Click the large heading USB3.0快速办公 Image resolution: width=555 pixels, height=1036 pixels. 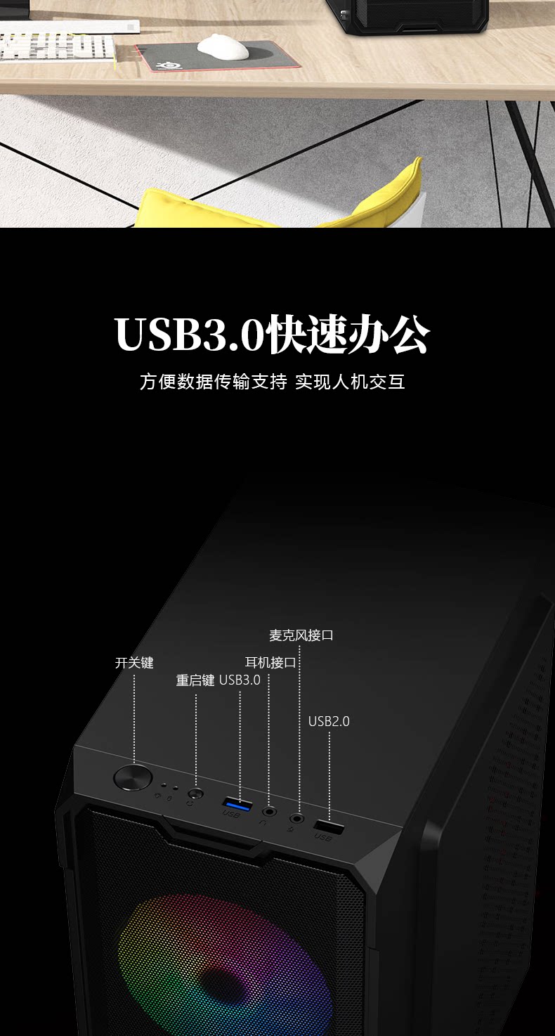[x=272, y=335]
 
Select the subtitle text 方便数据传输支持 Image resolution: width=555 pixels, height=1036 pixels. [x=213, y=382]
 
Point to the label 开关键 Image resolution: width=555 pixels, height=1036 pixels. [x=134, y=663]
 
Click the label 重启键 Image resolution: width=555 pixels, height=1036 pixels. [x=195, y=680]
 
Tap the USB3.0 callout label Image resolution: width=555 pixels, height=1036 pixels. [x=240, y=680]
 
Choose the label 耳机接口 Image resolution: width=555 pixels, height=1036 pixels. [x=270, y=663]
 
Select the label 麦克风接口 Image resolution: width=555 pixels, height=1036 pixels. [x=301, y=635]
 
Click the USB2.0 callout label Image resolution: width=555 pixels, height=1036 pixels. [x=329, y=722]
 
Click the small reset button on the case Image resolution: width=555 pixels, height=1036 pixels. [x=195, y=794]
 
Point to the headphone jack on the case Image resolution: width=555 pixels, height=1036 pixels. [x=268, y=811]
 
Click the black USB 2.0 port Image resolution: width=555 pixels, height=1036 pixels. [x=328, y=827]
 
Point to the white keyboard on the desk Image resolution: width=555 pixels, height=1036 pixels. [x=56, y=46]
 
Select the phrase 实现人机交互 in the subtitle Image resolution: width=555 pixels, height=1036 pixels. [x=350, y=382]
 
